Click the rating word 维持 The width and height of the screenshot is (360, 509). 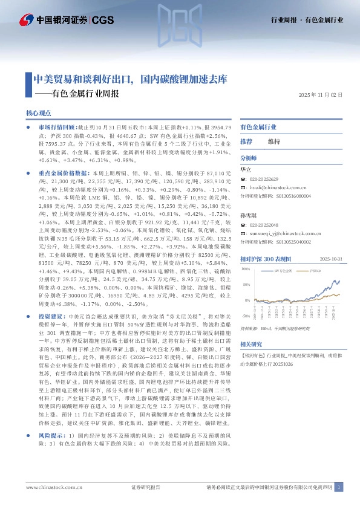click(274, 141)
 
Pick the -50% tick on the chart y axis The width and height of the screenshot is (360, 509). click(245, 316)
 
